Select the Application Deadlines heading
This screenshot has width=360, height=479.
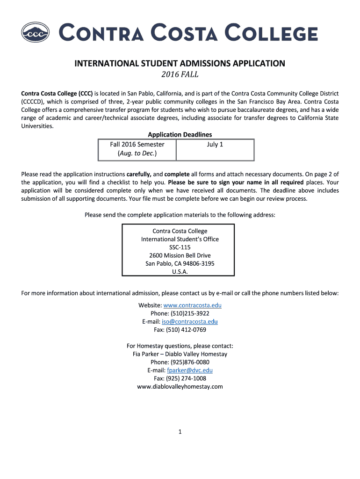point(180,135)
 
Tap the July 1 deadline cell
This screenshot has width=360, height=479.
point(215,144)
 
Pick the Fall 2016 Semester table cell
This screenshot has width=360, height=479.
point(137,144)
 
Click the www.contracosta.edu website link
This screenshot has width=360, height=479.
point(192,305)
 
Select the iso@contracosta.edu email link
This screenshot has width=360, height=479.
point(190,321)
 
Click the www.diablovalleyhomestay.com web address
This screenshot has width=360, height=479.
point(180,386)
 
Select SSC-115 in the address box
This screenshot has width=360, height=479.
point(180,247)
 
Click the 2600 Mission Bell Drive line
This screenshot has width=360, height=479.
point(180,255)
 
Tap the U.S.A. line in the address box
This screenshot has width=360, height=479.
point(180,271)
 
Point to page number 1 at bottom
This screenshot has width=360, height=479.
point(180,432)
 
